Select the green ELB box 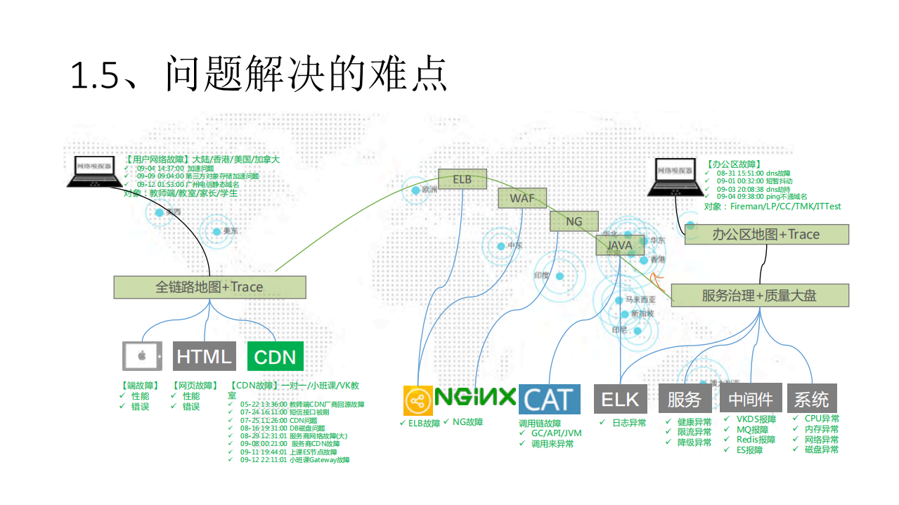coord(462,179)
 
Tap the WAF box coord(522,198)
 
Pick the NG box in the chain coord(574,221)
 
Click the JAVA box coord(619,245)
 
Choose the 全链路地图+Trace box coord(209,287)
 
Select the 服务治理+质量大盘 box coord(759,296)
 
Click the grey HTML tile coord(204,356)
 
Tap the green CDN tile coord(275,357)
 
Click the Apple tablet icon coord(142,356)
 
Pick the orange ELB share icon coord(418,400)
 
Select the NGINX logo coord(475,398)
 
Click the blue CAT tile coord(550,400)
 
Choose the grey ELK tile coord(620,399)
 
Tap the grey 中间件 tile coord(751,399)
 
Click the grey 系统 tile coord(812,399)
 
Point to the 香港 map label coord(657,260)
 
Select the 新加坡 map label coord(642,314)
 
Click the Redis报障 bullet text coord(756,440)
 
